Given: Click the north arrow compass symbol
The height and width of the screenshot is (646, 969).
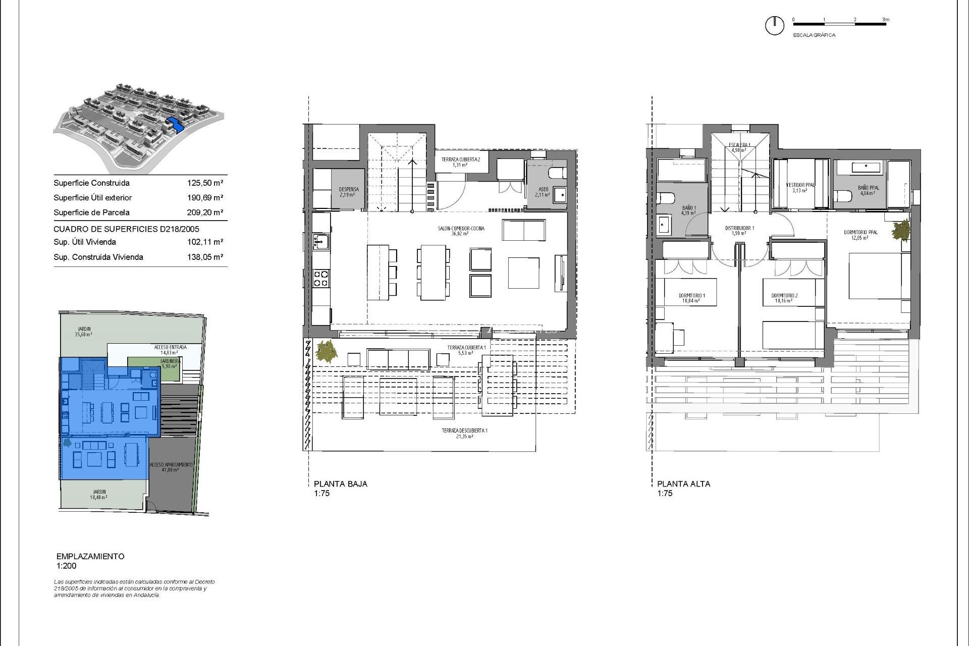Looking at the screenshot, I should pyautogui.click(x=775, y=25).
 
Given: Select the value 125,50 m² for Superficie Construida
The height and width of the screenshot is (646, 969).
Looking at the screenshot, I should pyautogui.click(x=205, y=183).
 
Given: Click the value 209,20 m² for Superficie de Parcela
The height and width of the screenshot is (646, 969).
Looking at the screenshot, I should pyautogui.click(x=205, y=212).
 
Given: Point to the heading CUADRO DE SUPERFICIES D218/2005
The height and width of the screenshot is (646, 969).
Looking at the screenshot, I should pyautogui.click(x=126, y=229).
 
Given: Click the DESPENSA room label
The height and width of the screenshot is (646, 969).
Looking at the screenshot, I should pyautogui.click(x=348, y=192).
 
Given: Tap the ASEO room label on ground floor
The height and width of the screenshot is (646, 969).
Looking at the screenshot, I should pyautogui.click(x=543, y=192).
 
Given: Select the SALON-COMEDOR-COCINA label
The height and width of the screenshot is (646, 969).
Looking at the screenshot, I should pyautogui.click(x=461, y=231).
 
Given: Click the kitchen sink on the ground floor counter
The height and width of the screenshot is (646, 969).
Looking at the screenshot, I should pyautogui.click(x=320, y=242).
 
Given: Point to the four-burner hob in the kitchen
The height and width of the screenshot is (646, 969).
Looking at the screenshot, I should pyautogui.click(x=321, y=279).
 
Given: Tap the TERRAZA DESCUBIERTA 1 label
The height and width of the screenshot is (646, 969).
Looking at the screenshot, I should pyautogui.click(x=464, y=433).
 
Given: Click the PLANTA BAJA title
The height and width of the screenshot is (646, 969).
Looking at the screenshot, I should pyautogui.click(x=340, y=483).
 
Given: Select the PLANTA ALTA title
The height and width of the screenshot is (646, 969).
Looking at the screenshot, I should pyautogui.click(x=683, y=483).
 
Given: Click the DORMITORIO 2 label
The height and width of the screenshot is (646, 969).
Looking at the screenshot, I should pyautogui.click(x=784, y=298).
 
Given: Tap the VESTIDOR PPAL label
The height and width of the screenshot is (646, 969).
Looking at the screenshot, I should pyautogui.click(x=800, y=187).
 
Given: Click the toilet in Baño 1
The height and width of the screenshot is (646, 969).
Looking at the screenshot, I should pyautogui.click(x=665, y=198).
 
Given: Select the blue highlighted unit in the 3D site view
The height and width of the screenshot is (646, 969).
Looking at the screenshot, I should pyautogui.click(x=174, y=124).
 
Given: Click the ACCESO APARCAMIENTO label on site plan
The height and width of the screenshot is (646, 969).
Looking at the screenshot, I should pyautogui.click(x=171, y=467).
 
